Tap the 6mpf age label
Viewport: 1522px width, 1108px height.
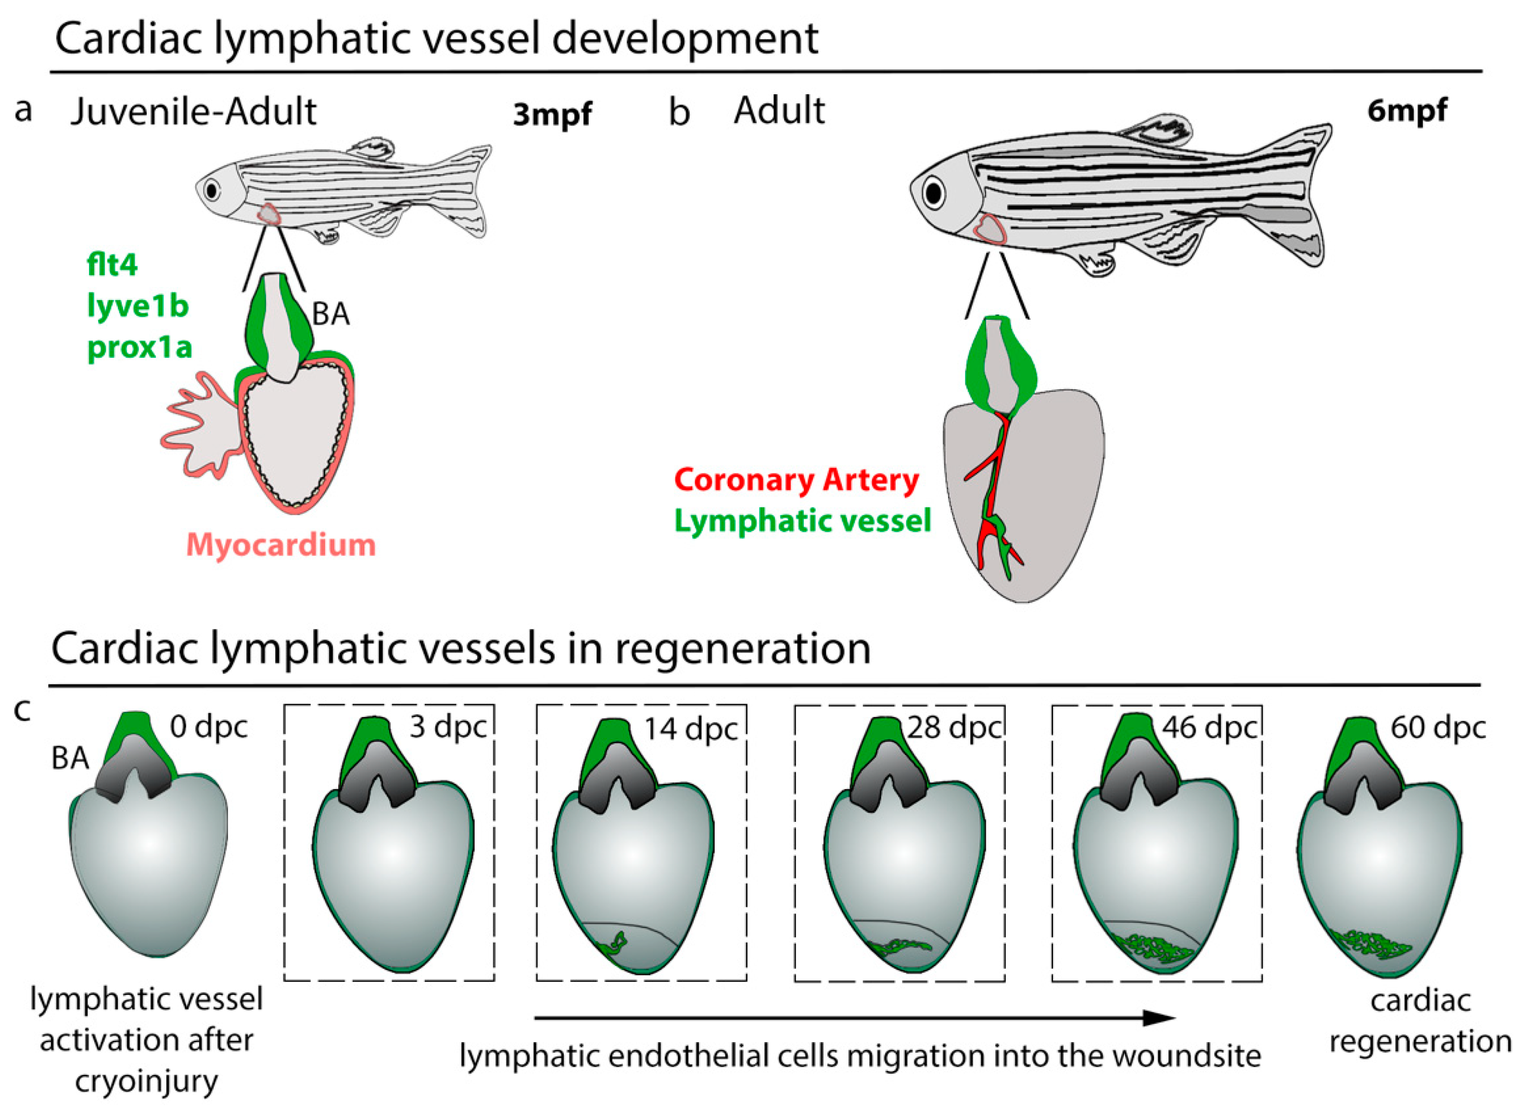coord(1407,110)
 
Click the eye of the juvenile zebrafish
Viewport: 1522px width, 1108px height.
coord(213,190)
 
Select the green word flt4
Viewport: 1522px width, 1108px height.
coord(112,265)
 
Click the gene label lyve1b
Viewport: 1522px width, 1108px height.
coord(138,306)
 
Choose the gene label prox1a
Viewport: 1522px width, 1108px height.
coord(140,347)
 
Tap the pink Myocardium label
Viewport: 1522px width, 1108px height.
coord(280,544)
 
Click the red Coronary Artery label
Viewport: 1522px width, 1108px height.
coord(797,480)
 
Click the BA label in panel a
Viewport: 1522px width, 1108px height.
coord(330,314)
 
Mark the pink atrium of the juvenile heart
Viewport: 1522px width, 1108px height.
coord(198,429)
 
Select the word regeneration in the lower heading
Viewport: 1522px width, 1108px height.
coord(742,649)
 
